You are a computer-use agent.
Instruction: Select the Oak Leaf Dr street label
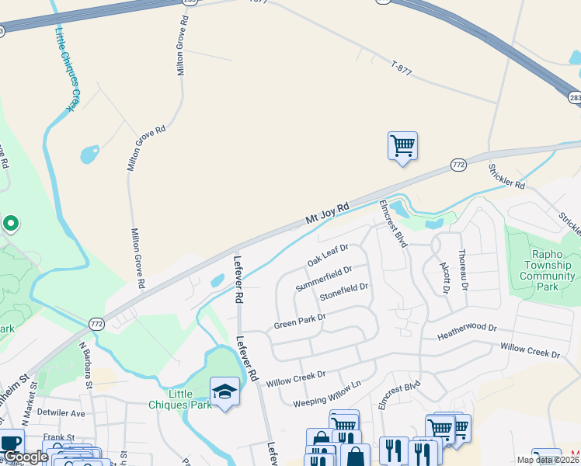[327, 255]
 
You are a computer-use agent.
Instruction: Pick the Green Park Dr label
[299, 321]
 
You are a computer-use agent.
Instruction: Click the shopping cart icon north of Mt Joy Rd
[402, 145]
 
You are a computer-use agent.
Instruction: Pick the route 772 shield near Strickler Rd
[458, 165]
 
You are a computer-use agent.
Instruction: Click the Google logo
[25, 457]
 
